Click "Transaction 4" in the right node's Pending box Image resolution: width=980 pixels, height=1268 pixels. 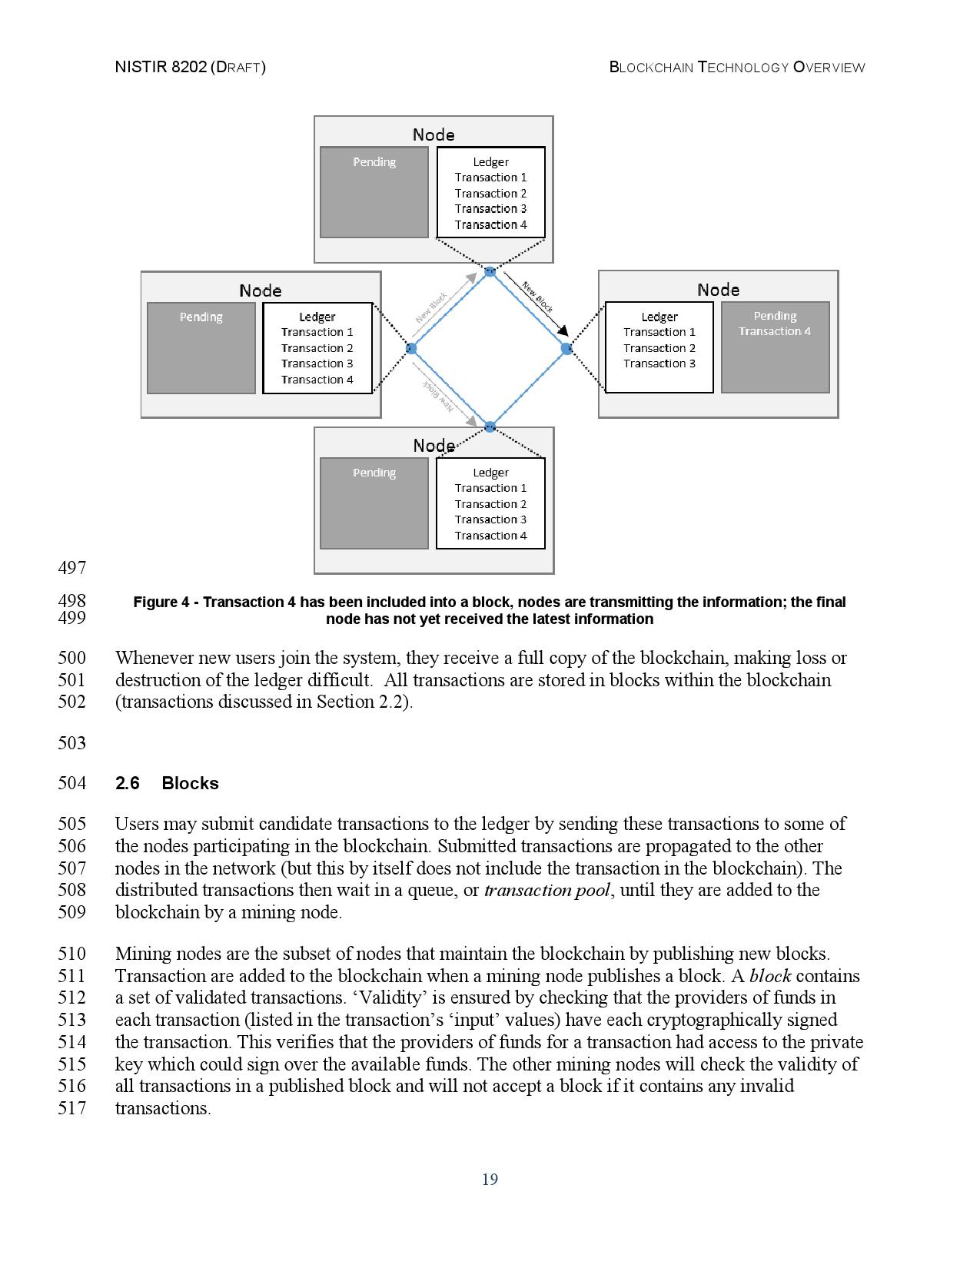tap(775, 332)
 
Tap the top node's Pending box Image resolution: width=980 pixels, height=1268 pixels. tap(374, 192)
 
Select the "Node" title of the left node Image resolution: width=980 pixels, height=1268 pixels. tap(260, 290)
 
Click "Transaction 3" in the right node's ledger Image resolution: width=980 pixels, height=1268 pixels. tap(659, 363)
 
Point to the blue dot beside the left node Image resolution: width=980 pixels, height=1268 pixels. tap(411, 349)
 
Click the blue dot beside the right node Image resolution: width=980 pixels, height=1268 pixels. tap(567, 349)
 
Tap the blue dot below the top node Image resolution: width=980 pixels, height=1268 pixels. tap(490, 271)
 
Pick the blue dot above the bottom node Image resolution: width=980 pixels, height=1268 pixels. tap(490, 427)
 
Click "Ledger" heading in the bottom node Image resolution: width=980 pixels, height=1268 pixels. tap(490, 473)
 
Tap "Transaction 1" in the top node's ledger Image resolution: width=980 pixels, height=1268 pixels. tap(490, 178)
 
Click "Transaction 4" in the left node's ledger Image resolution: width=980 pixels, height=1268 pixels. tap(317, 380)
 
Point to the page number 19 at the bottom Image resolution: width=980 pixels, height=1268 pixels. tap(490, 1180)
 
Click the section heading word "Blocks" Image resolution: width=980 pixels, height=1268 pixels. tap(190, 783)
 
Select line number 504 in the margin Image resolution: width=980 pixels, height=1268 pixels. tap(71, 783)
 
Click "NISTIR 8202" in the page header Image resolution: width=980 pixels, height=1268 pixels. tap(160, 67)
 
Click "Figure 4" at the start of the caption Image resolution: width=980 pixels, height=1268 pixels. tap(161, 602)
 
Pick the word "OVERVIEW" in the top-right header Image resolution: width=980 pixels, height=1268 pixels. tap(829, 67)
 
